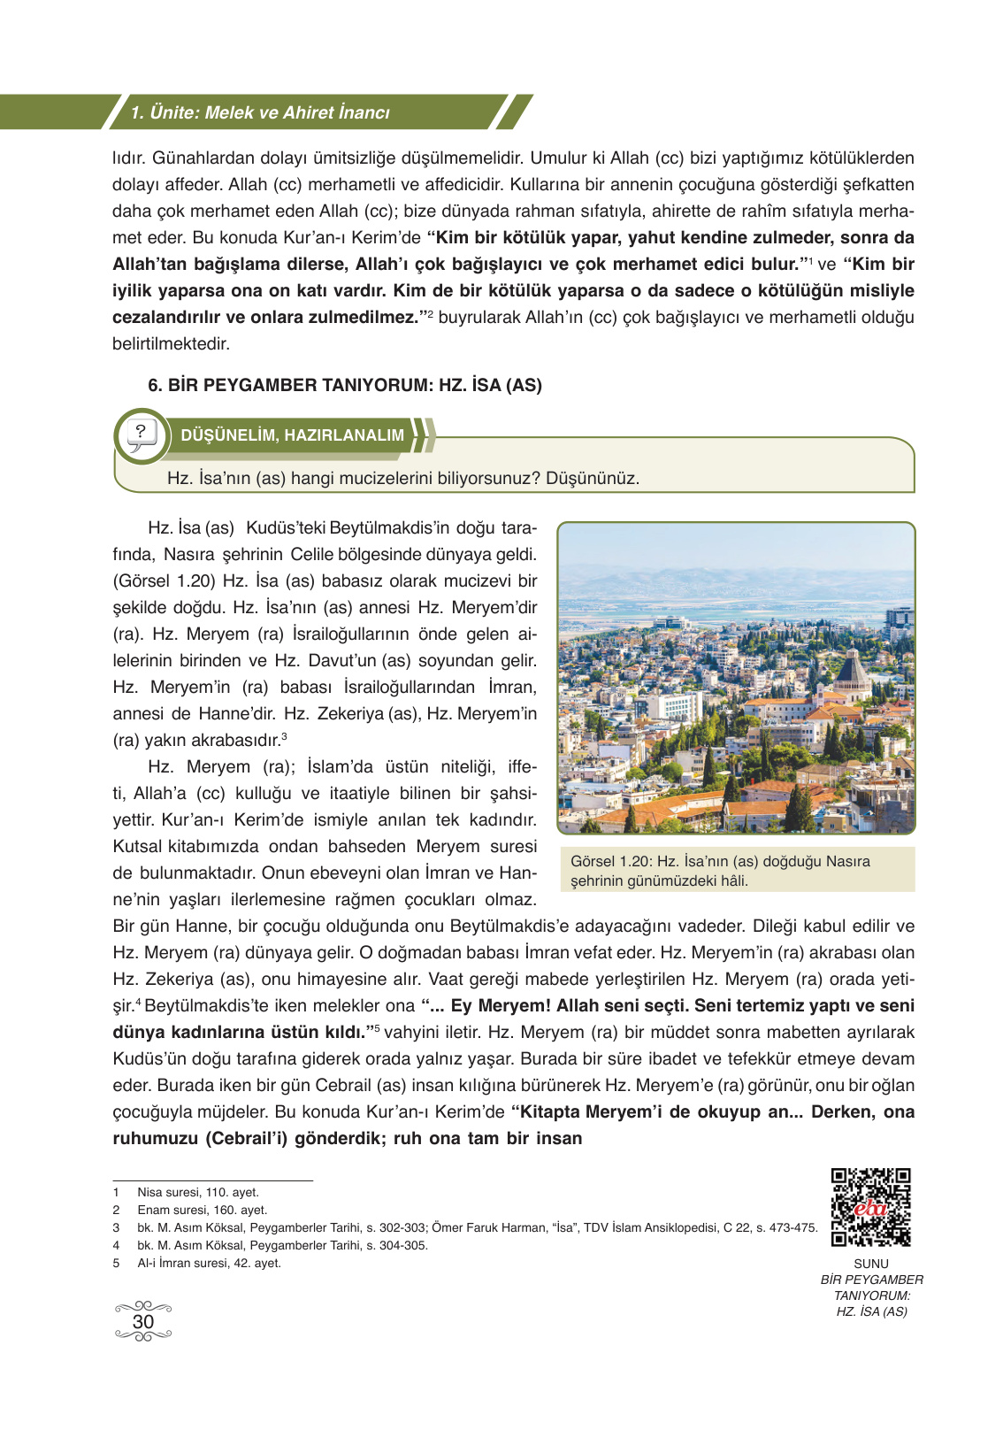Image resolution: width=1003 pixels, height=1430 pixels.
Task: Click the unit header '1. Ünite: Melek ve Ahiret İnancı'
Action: pos(260,112)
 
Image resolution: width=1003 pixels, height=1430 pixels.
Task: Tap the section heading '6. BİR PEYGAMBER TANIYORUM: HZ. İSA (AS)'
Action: pos(345,385)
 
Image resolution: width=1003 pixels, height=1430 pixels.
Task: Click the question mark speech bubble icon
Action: pos(142,434)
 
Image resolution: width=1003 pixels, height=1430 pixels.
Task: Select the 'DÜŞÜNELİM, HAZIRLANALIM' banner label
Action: pos(292,435)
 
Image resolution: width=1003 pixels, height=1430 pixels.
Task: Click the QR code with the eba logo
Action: pos(870,1207)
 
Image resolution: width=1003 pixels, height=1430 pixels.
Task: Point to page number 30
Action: pos(143,1321)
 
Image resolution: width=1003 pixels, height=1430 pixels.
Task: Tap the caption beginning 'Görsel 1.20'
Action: pos(720,870)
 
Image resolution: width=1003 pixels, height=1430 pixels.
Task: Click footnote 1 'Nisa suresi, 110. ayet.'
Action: pos(198,1192)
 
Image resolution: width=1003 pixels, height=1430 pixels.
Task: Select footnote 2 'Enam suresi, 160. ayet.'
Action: pos(202,1210)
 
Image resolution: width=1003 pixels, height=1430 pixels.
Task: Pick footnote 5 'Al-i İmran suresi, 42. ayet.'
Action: pos(209,1263)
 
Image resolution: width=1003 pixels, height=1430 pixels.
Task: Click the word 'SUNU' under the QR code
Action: pos(871,1264)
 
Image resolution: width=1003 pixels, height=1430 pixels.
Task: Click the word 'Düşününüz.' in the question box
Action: pos(592,479)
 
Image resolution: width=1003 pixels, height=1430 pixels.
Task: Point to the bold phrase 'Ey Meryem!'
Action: pos(501,1006)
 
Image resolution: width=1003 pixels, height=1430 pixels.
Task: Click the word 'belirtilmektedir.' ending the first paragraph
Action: pos(171,343)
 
